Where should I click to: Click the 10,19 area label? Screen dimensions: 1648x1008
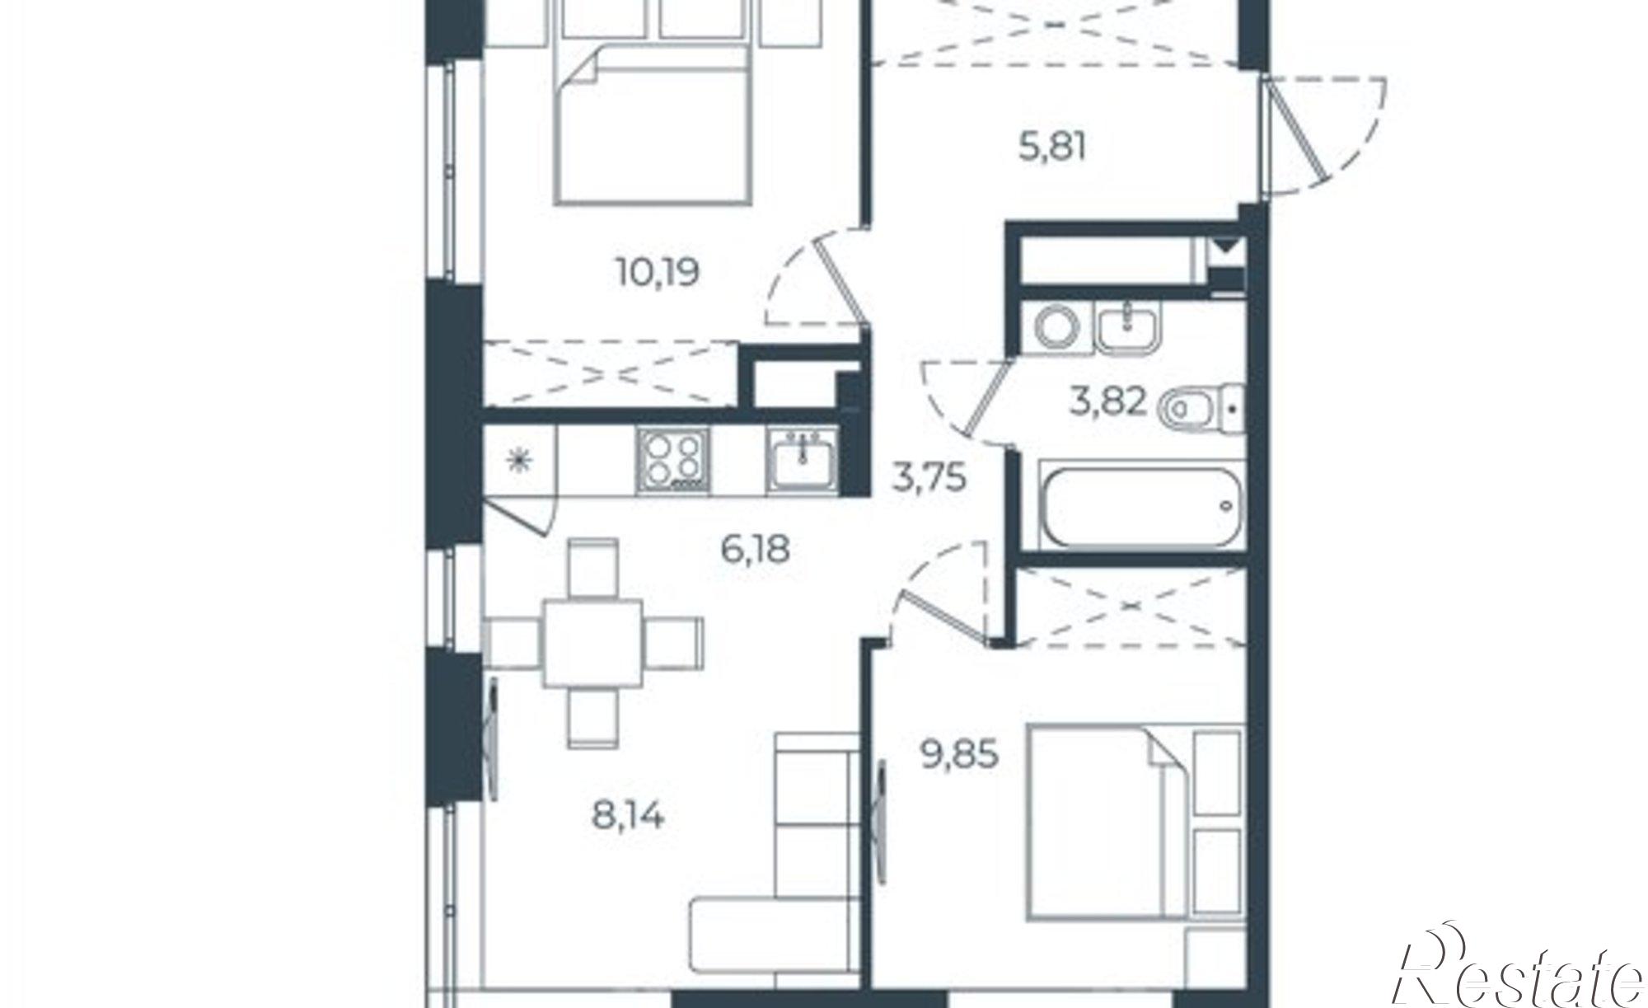pyautogui.click(x=658, y=271)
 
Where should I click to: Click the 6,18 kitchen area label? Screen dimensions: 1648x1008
pyautogui.click(x=756, y=548)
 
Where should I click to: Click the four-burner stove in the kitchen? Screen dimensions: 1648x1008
pyautogui.click(x=672, y=462)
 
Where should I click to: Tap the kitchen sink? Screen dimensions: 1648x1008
pyautogui.click(x=802, y=462)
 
